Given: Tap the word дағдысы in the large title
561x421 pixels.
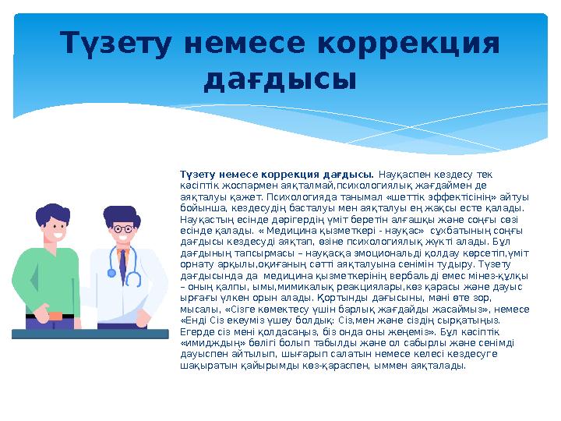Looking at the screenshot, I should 280,80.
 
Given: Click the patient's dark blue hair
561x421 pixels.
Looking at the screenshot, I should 51,211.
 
